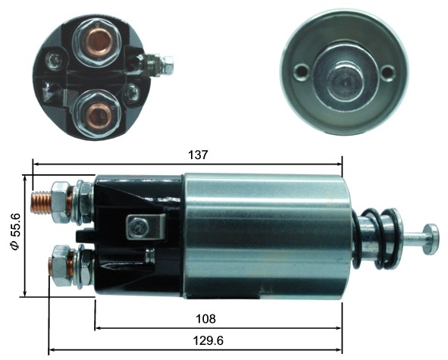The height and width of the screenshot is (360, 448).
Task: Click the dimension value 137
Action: click(x=197, y=155)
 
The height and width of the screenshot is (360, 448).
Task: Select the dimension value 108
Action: click(x=205, y=319)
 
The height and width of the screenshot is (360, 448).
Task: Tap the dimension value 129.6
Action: click(x=208, y=340)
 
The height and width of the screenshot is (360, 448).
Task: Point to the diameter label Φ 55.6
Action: click(x=15, y=231)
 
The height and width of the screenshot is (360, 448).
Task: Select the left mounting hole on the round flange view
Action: click(x=302, y=70)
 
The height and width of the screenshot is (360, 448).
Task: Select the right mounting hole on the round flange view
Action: click(x=388, y=70)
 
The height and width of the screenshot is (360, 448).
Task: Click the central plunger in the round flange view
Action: click(x=345, y=82)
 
